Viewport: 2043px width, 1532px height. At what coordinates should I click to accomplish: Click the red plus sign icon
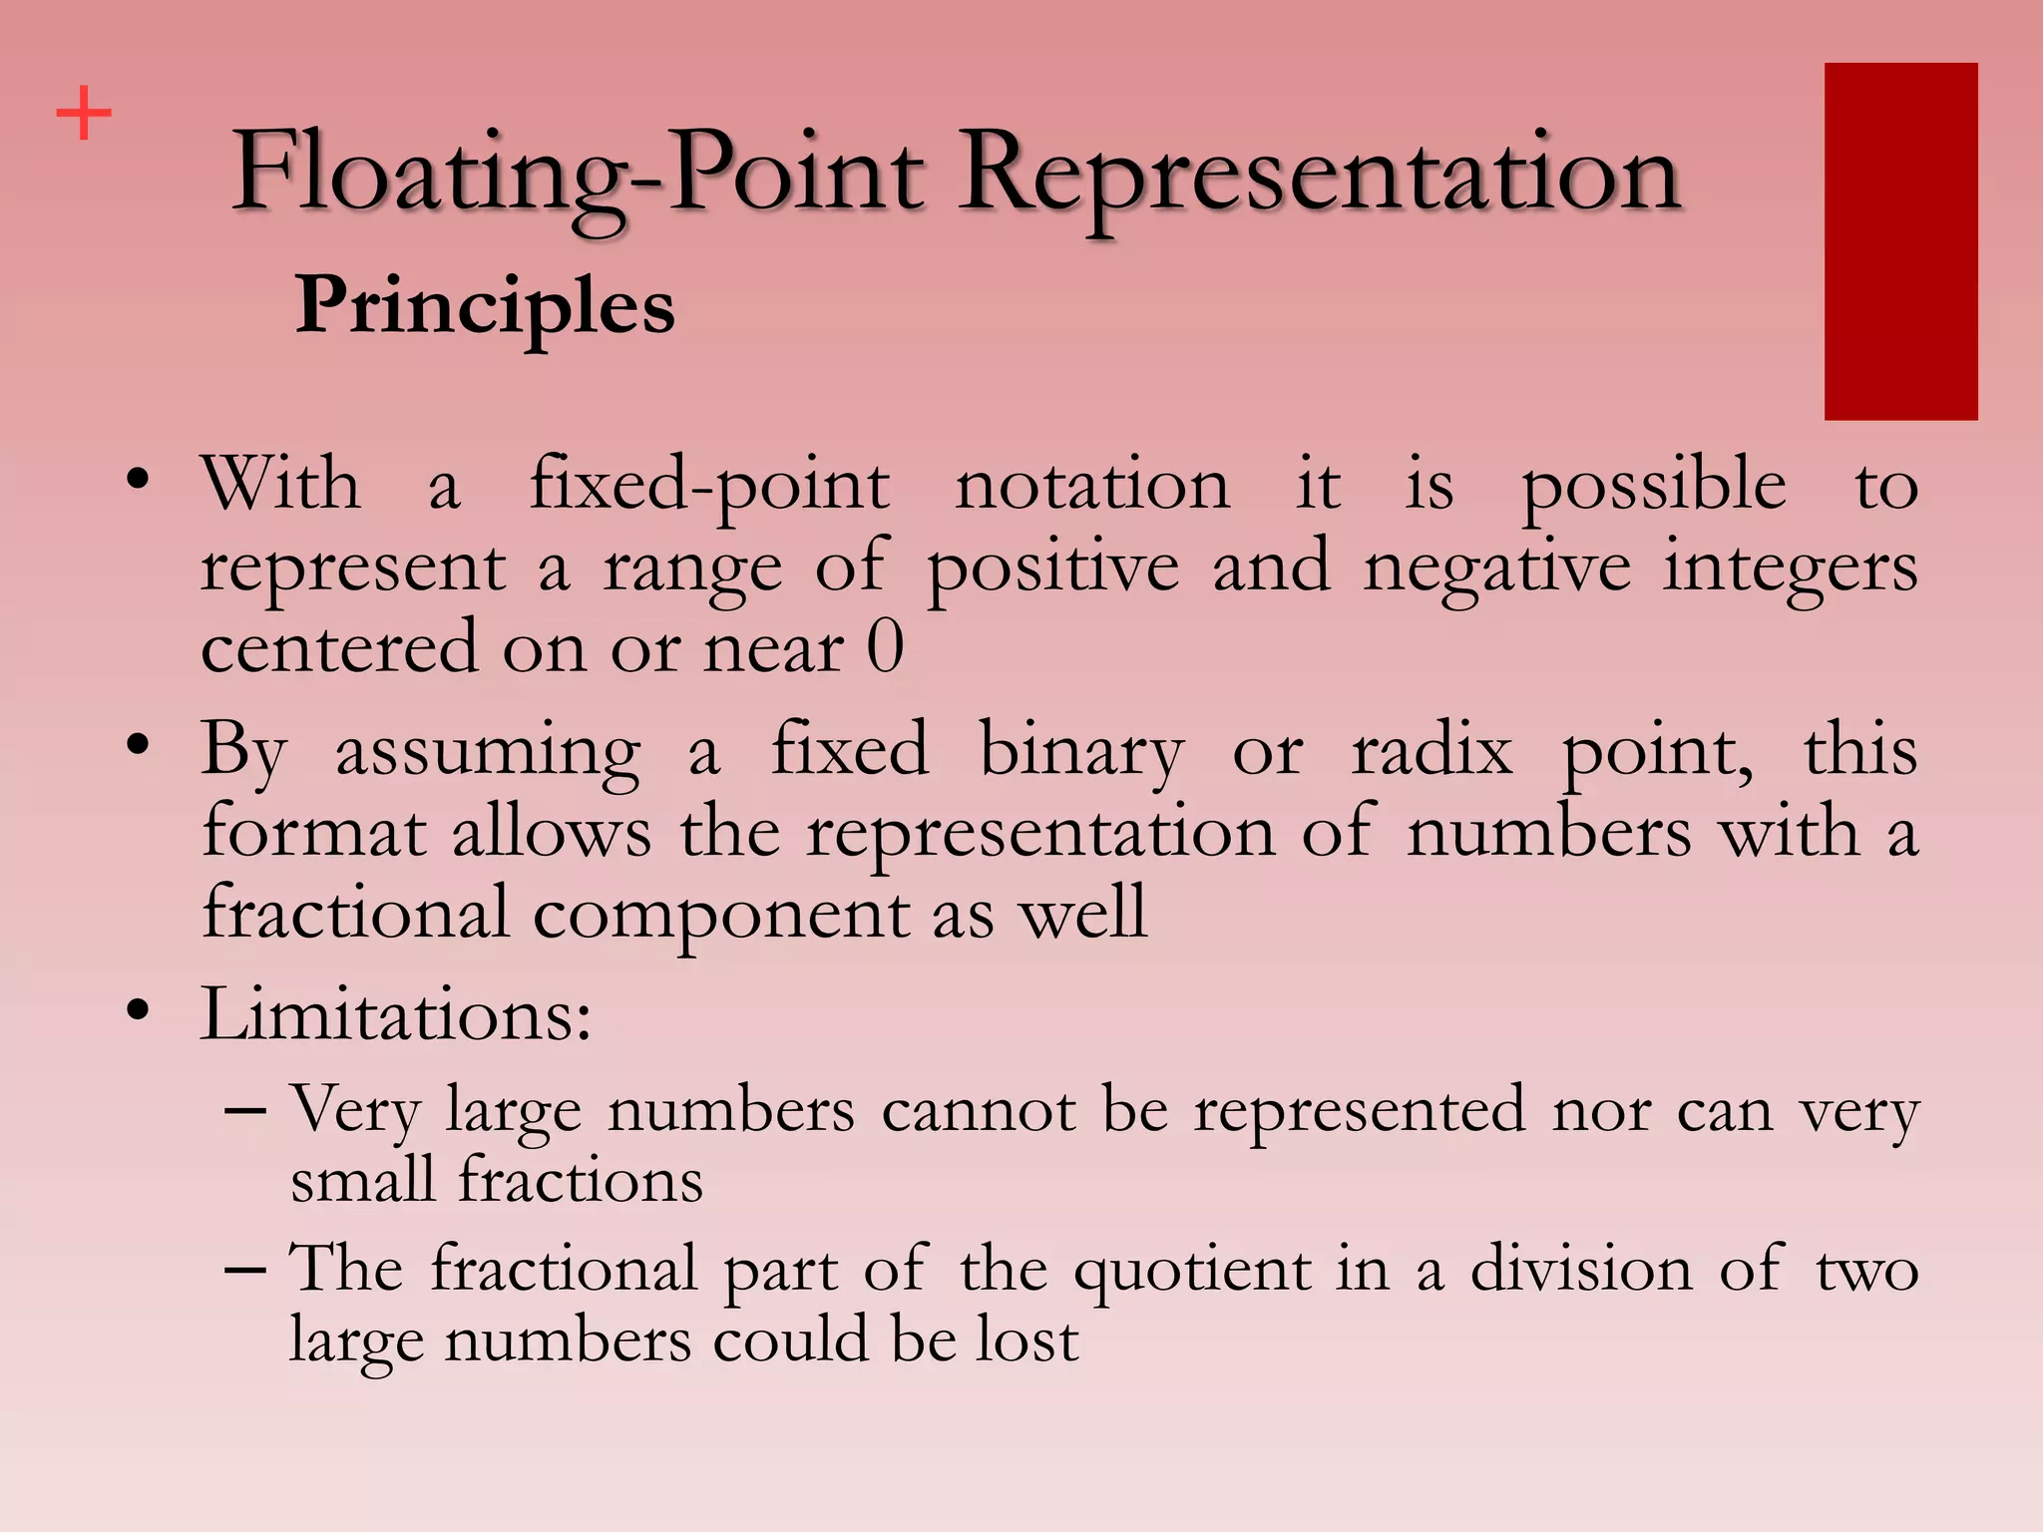pos(84,113)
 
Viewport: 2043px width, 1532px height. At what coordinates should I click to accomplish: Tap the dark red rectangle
pos(1900,241)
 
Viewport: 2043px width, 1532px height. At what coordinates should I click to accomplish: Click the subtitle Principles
pos(485,305)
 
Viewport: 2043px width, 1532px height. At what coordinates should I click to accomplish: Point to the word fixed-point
pos(708,487)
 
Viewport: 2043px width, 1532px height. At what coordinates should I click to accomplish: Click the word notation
pos(1092,487)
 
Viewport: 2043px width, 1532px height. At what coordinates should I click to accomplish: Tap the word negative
pos(1497,569)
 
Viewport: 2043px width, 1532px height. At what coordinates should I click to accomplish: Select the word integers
pos(1790,569)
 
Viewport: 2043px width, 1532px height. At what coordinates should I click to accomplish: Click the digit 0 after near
pos(885,648)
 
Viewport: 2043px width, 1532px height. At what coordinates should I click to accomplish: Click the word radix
pos(1431,750)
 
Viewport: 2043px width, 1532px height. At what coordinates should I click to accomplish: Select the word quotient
pos(1192,1271)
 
